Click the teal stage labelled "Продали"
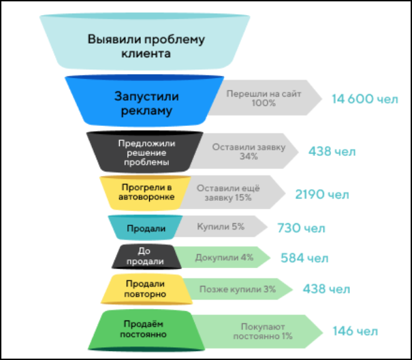pos(145,227)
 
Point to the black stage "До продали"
pos(144,257)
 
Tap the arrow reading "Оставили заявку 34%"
pos(249,151)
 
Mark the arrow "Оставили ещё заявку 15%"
pos(232,192)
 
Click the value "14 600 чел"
pos(364,99)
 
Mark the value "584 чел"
pos(304,259)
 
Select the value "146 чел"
pos(355,331)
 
